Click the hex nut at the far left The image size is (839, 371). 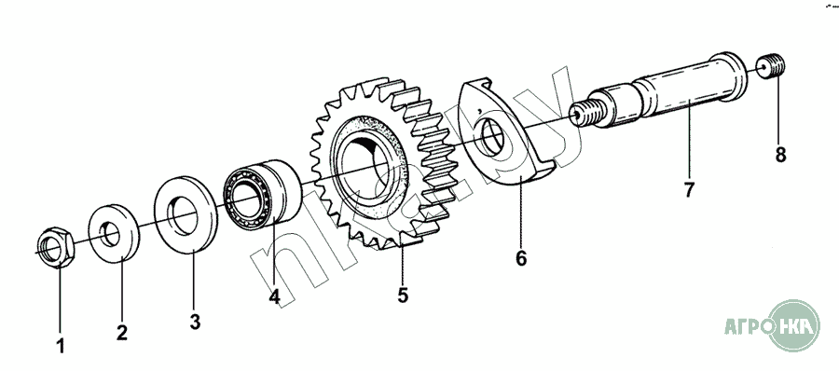point(56,247)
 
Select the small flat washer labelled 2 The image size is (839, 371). point(114,233)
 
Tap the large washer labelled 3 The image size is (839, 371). point(186,213)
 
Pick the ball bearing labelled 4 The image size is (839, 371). point(262,192)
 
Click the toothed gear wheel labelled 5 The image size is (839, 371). point(383,163)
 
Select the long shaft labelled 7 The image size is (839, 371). point(658,91)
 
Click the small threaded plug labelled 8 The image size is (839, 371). point(771,66)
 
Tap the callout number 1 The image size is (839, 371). point(61,346)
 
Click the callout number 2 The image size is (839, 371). point(122,333)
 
